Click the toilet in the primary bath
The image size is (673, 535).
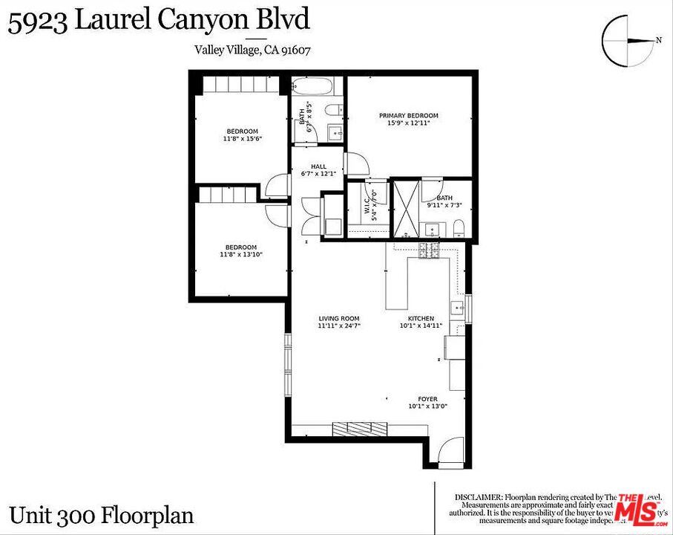point(458,227)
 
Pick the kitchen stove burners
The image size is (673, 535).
point(429,251)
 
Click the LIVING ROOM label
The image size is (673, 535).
point(338,319)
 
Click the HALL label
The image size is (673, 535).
point(318,166)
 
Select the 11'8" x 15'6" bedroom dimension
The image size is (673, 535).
point(242,139)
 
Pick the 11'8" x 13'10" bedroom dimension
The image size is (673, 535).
point(241,255)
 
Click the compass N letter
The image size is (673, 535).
point(658,41)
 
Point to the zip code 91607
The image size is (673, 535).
point(295,50)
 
